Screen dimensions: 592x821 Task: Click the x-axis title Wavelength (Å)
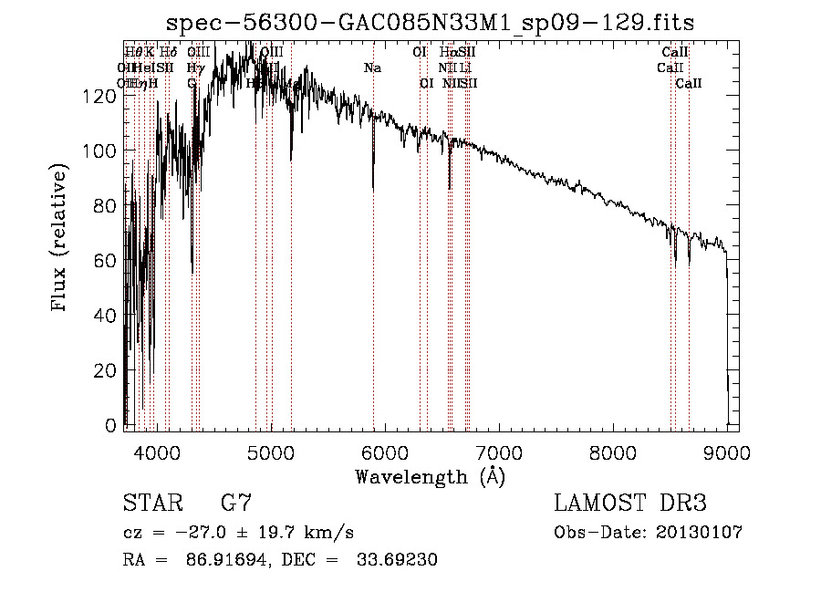430,476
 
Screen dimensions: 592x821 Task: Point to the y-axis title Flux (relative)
61,239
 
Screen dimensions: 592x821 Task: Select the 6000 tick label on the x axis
385,452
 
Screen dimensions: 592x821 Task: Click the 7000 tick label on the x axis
499,452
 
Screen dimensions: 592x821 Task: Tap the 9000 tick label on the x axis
726,452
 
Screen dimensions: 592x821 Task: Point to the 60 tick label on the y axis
108,261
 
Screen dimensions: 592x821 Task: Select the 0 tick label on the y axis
112,426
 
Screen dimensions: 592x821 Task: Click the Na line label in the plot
372,68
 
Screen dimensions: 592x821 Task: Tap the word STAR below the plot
151,504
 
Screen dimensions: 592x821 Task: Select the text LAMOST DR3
630,504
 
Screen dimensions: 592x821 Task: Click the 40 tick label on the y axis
108,316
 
